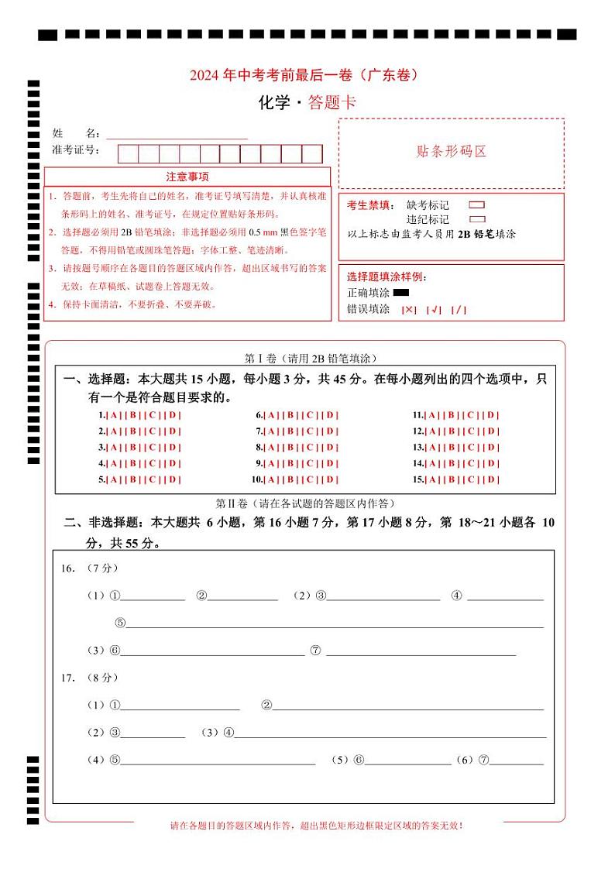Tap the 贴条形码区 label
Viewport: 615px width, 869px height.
pos(452,152)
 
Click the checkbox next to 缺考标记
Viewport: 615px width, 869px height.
pos(477,206)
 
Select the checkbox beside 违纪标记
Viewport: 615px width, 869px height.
pos(477,219)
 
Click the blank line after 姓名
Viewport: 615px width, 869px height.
pos(177,134)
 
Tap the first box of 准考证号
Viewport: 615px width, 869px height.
pos(128,153)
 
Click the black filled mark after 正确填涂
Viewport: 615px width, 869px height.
pos(401,293)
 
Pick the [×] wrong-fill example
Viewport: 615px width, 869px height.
pos(409,310)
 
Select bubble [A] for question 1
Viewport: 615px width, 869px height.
pos(113,415)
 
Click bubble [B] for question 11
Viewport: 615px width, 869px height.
pos(450,415)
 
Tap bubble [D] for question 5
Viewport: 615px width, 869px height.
pos(174,479)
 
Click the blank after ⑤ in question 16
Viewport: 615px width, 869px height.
pos(334,623)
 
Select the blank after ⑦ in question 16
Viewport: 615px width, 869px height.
pos(421,651)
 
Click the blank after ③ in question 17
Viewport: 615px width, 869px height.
pos(153,733)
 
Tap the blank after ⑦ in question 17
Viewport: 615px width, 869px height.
pos(517,760)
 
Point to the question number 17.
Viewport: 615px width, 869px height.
pos(68,678)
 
